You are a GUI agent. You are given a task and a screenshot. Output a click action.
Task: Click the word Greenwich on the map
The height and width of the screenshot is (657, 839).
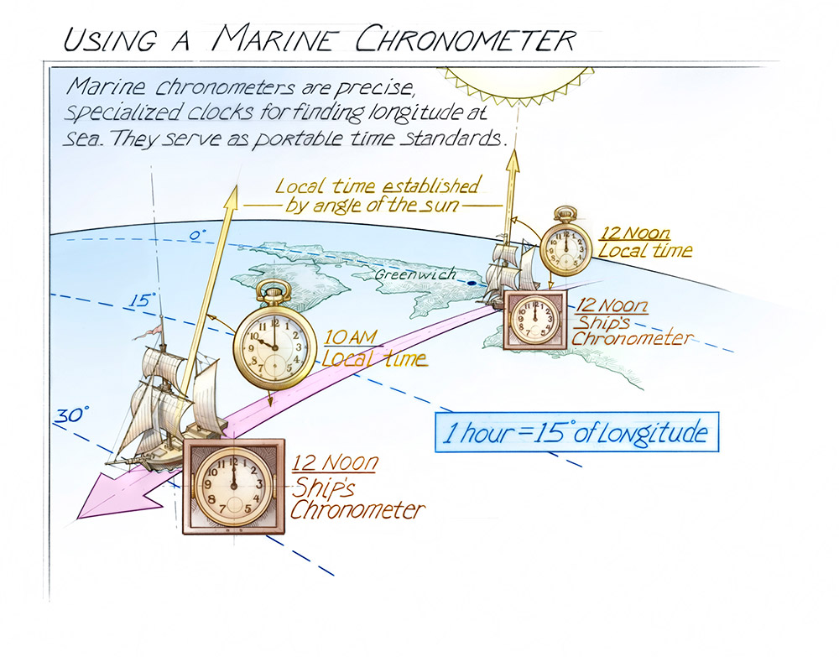(415, 274)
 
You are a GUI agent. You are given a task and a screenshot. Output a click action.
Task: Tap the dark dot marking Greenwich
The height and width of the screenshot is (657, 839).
(472, 283)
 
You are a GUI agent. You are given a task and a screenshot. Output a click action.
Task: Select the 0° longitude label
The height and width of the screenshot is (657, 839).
(197, 235)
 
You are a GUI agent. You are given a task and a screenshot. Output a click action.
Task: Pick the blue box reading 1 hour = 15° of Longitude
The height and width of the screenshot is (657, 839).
(576, 432)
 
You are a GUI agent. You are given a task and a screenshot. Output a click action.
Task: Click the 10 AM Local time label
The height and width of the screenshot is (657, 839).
(374, 347)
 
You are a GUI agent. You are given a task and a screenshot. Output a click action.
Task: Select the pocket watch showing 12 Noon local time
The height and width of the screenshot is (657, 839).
(565, 242)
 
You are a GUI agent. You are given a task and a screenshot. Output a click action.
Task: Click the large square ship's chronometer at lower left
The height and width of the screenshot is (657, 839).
(234, 487)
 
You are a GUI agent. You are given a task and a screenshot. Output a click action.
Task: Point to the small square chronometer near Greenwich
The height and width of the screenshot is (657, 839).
(535, 320)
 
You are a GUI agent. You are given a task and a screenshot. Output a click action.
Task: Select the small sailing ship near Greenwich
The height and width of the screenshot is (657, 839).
(509, 273)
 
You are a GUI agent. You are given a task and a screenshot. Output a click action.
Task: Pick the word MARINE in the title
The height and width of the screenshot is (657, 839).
(274, 38)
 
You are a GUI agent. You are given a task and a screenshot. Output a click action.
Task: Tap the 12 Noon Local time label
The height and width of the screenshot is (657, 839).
(644, 242)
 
